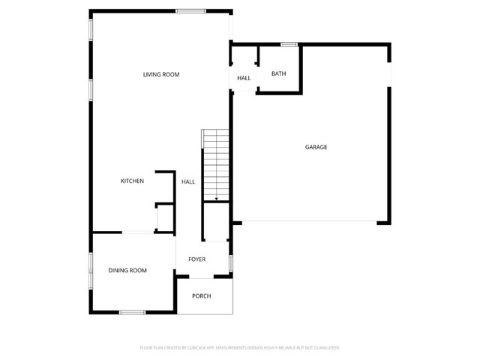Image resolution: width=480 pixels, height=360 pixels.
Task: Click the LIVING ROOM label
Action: [161, 74]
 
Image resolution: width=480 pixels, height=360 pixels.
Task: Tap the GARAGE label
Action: [316, 147]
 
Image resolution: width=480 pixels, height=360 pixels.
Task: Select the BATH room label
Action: [279, 73]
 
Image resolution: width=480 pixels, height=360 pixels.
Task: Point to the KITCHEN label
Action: [133, 181]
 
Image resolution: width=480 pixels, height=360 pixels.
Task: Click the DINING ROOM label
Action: [127, 270]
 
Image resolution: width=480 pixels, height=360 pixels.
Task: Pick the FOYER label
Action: [196, 259]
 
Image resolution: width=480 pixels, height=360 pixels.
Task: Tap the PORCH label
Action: [201, 295]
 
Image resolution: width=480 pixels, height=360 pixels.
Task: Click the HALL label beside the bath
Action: [244, 78]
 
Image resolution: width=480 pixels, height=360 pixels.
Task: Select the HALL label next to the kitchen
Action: [187, 181]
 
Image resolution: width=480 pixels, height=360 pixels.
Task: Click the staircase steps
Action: [216, 161]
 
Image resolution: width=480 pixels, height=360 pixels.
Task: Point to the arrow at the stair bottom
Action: [216, 199]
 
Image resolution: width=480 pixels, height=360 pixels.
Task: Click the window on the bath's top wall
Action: [289, 44]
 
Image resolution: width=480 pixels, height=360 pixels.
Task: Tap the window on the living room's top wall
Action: [191, 10]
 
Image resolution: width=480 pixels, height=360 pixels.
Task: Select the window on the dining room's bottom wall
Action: [132, 312]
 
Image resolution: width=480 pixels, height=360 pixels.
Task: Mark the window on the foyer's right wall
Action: [231, 262]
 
